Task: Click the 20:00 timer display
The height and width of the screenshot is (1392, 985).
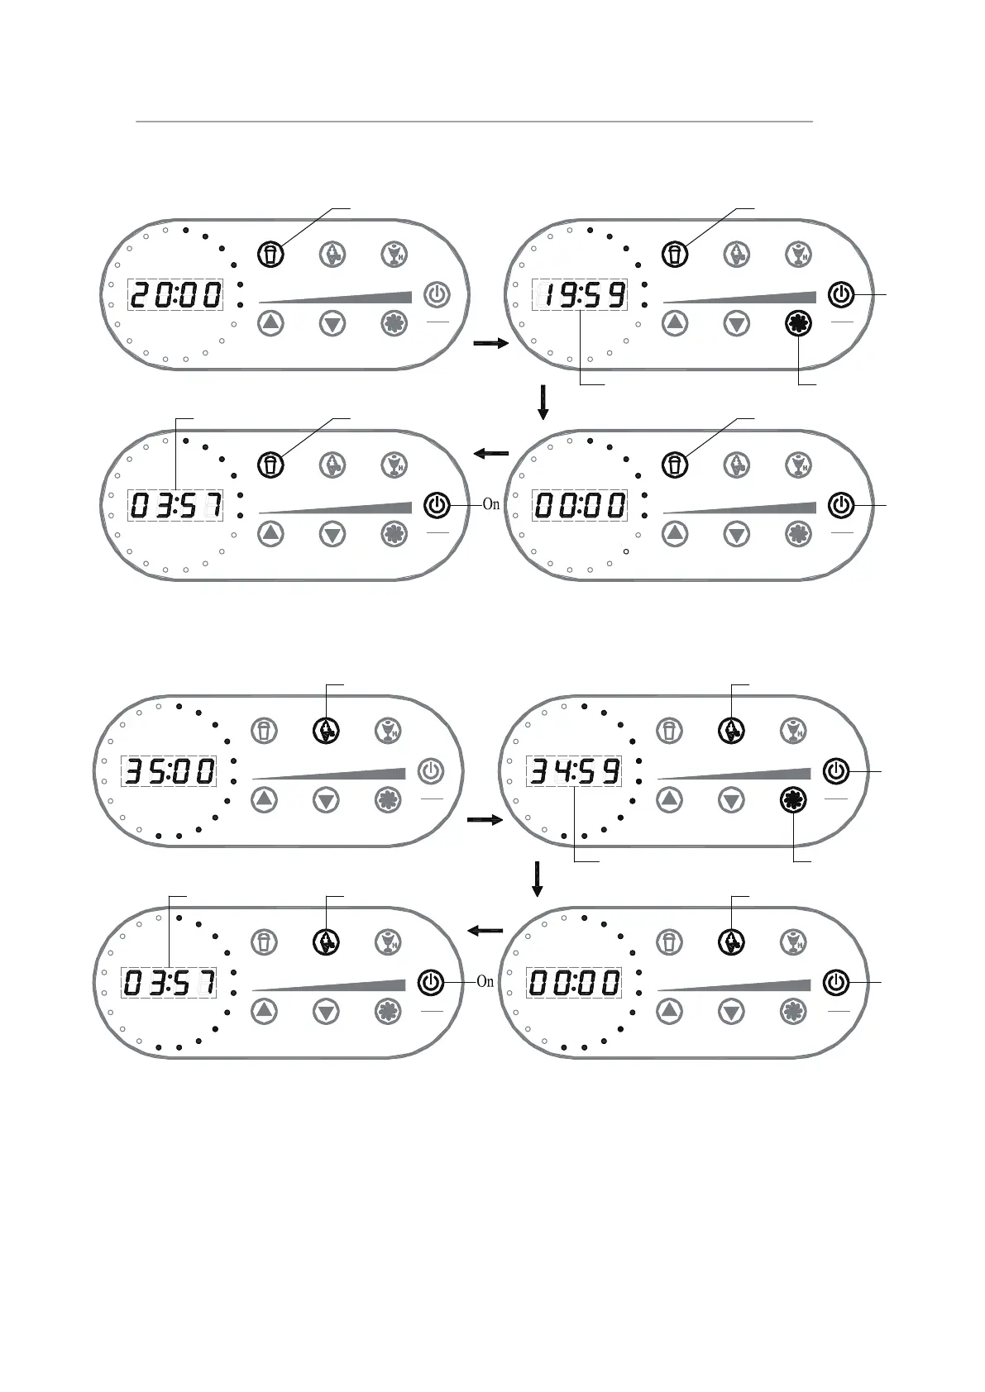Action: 175,295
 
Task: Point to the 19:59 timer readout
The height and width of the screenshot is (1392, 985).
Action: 579,295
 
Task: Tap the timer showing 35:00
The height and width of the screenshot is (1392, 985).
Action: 169,771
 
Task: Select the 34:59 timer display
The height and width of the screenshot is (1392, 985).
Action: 574,771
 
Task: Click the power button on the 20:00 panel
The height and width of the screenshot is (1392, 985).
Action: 437,294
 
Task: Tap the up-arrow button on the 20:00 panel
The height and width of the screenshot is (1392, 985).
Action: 270,322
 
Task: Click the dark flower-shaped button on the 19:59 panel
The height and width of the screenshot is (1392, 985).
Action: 798,323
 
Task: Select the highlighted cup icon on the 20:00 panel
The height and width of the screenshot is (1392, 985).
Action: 270,253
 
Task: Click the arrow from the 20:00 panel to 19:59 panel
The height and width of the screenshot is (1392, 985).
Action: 490,343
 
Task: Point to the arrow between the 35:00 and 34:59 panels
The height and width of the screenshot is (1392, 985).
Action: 485,820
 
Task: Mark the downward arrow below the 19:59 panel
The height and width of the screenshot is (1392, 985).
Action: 543,401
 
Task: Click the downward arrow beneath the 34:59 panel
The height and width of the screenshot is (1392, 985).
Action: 538,879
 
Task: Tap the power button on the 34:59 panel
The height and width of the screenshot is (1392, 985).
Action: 835,771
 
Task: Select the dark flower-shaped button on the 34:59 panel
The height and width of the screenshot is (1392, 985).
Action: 793,799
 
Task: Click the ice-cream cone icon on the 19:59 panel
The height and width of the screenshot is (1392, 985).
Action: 736,254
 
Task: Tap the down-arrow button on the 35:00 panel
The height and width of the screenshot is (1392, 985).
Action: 327,799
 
